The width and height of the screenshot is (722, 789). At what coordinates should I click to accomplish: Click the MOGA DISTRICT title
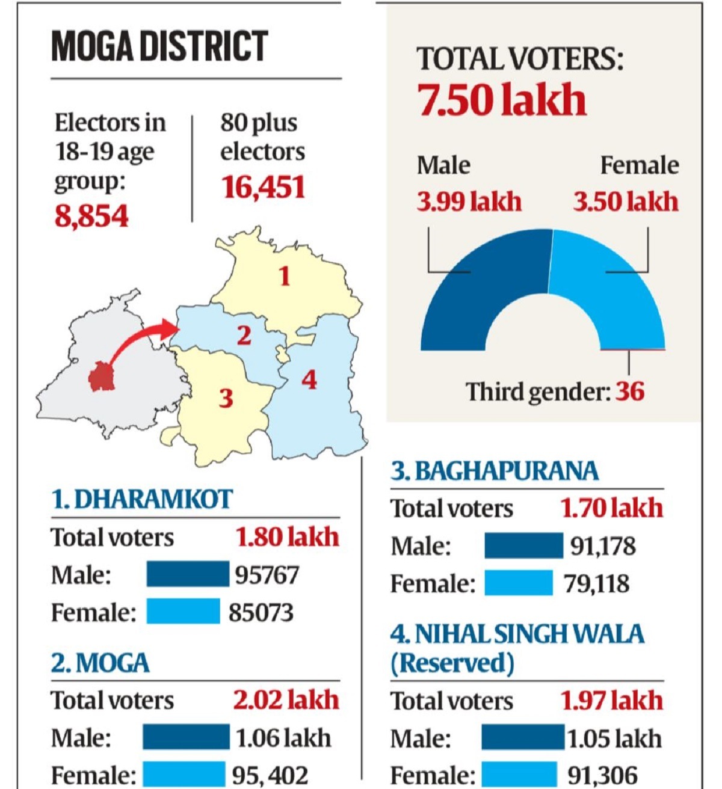tap(159, 46)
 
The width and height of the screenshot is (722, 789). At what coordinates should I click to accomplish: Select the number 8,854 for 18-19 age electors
tap(91, 216)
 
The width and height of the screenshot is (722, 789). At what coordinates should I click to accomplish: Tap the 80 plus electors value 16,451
tap(263, 187)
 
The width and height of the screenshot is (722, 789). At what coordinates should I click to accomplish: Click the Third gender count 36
tap(629, 391)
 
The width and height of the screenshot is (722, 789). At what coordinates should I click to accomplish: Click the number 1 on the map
tap(284, 276)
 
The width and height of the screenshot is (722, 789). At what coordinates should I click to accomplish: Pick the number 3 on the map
tap(226, 398)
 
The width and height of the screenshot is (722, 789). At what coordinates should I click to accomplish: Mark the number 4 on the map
tap(309, 379)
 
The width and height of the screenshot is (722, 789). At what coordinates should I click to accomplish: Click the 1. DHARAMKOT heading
tap(142, 500)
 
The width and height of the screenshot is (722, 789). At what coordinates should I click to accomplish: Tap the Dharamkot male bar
tap(188, 574)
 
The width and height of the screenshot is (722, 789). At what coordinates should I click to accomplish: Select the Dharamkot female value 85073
tap(261, 612)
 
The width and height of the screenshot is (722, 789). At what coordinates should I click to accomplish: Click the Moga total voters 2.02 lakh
tap(286, 700)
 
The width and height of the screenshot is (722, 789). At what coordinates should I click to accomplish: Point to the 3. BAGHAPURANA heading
tap(495, 471)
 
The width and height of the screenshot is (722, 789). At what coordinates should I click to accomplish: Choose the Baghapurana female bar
tap(519, 583)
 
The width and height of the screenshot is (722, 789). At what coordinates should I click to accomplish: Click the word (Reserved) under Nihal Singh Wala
tap(452, 663)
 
